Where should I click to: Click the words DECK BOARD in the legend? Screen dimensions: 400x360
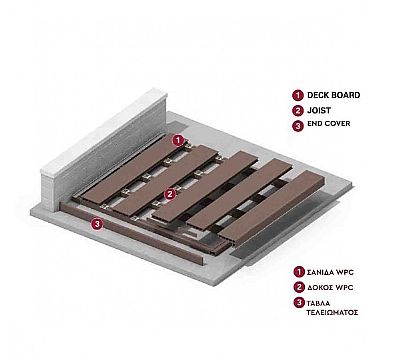coord(333,95)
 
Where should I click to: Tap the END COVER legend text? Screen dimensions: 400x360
coord(329,123)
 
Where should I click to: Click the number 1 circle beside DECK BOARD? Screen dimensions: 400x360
coord(298,95)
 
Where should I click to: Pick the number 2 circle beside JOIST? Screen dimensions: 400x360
coord(298,110)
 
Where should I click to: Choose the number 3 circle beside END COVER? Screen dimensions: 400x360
coord(298,126)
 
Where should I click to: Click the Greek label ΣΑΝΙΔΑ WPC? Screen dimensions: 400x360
coord(330,272)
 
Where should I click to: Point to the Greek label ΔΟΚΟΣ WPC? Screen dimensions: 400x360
coord(330,287)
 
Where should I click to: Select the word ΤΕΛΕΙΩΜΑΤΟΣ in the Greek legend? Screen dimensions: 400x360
coord(332,313)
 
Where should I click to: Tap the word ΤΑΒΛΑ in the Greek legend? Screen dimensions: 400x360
coord(318,303)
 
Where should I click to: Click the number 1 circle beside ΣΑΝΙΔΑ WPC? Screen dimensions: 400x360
coord(299,272)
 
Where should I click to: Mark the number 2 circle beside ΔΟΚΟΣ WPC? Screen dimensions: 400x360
coord(299,287)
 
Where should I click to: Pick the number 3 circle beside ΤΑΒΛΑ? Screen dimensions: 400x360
coord(299,303)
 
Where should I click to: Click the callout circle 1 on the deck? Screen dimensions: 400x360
coord(179,140)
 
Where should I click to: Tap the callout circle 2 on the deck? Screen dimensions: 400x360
coord(170,193)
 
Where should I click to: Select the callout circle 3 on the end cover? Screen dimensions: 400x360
coord(97,224)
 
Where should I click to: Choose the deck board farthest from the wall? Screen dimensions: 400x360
coord(272,207)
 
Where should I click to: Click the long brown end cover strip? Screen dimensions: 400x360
coord(132,233)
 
